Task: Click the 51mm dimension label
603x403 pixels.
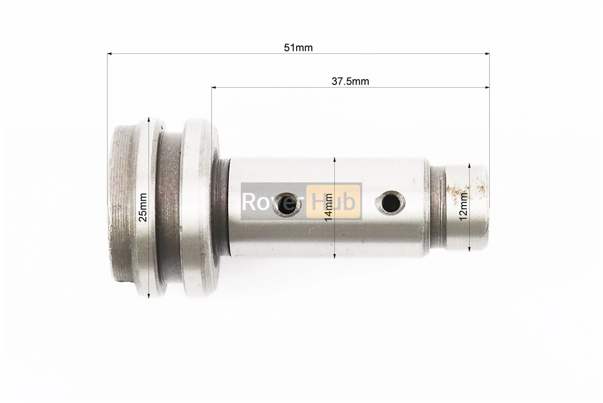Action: pyautogui.click(x=298, y=48)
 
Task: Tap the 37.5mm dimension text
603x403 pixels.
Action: pyautogui.click(x=350, y=82)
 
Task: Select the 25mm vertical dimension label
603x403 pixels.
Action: pyautogui.click(x=143, y=207)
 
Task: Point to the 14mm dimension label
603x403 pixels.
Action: pyautogui.click(x=329, y=207)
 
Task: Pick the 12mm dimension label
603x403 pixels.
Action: pyautogui.click(x=463, y=207)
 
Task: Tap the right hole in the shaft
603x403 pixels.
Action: pyautogui.click(x=390, y=203)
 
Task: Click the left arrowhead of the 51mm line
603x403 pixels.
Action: pyautogui.click(x=110, y=54)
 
